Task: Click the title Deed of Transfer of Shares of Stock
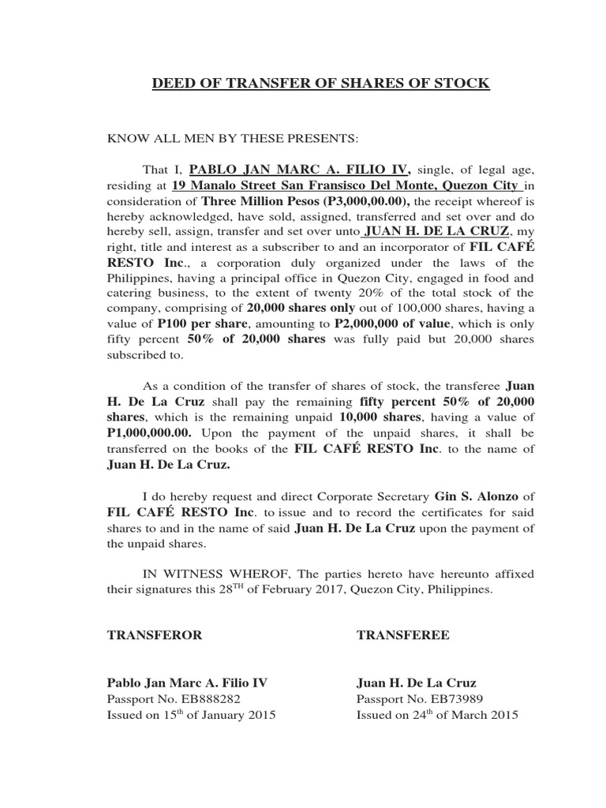pyautogui.click(x=320, y=83)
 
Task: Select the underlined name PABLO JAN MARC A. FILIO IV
pyautogui.click(x=300, y=169)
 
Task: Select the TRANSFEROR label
pyautogui.click(x=155, y=634)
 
